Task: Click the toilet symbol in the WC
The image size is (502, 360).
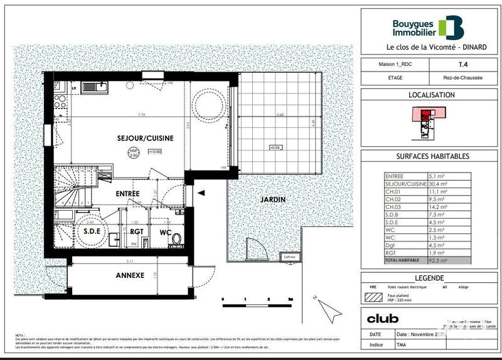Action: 176,239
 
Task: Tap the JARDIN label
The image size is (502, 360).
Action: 274,199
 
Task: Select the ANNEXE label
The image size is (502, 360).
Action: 131,275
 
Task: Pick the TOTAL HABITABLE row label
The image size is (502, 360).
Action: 405,260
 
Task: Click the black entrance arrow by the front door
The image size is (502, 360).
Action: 201,194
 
